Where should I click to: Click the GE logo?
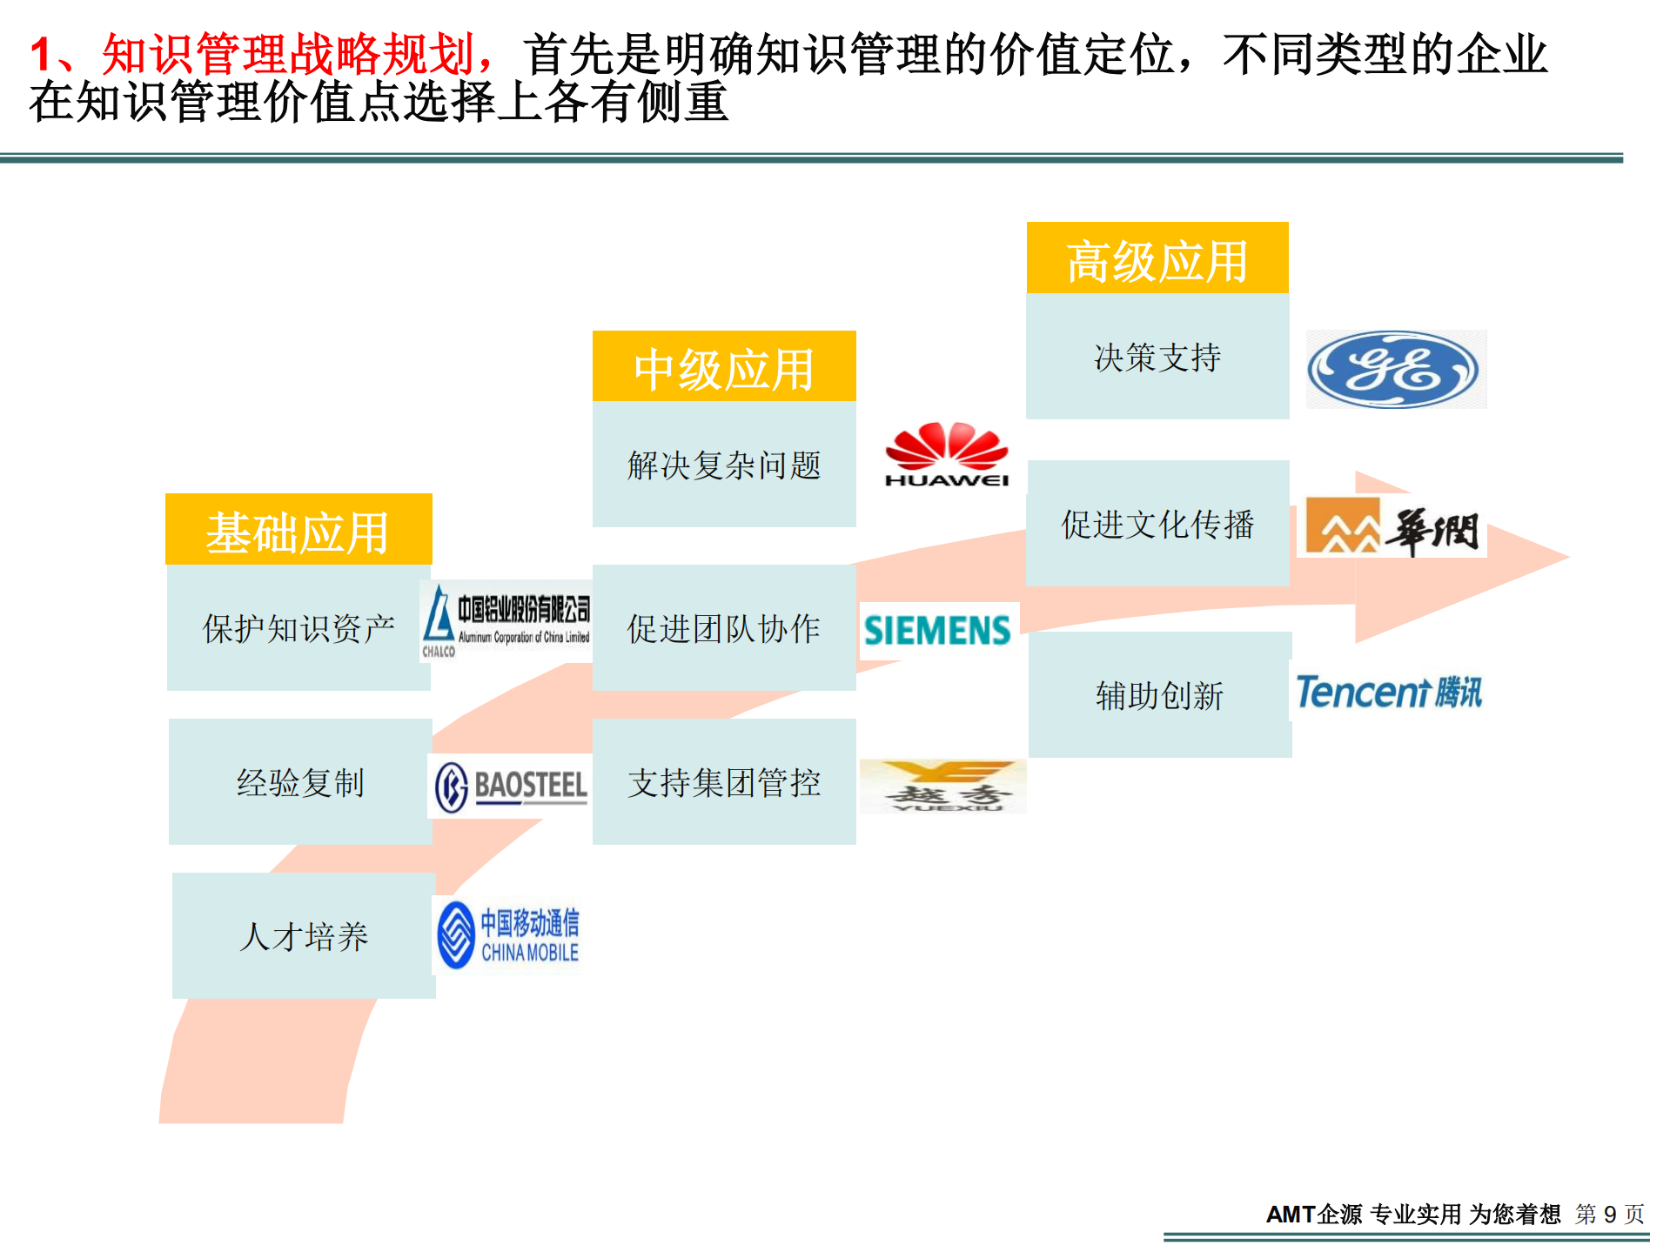[1395, 370]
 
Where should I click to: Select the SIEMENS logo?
[937, 631]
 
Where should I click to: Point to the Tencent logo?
[1388, 693]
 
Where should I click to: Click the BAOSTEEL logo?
[511, 787]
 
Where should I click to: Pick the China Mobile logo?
[509, 935]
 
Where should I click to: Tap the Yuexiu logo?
[942, 787]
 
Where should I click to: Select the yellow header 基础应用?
[298, 531]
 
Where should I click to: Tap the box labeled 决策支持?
[1157, 358]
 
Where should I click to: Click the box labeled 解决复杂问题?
[724, 465]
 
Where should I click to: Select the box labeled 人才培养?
[304, 936]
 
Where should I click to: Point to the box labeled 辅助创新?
[1159, 695]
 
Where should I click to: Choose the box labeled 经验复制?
[300, 782]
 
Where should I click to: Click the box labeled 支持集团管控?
[724, 782]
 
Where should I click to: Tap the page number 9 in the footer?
[1610, 1214]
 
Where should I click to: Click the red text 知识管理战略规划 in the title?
[287, 54]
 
